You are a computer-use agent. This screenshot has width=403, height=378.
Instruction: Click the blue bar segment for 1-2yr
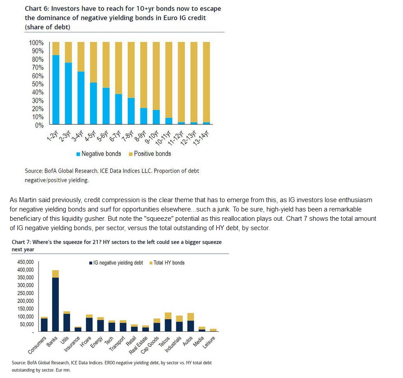click(x=56, y=89)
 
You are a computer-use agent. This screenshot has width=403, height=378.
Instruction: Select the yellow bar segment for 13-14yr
click(x=206, y=82)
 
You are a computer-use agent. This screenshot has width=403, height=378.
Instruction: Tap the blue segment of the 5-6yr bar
click(x=106, y=106)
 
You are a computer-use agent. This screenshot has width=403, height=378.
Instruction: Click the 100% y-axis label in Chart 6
click(x=36, y=43)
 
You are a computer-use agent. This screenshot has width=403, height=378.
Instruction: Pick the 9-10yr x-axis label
click(x=151, y=137)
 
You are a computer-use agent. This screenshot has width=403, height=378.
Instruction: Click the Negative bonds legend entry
click(x=99, y=154)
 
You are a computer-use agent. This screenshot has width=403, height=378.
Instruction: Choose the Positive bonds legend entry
click(x=150, y=154)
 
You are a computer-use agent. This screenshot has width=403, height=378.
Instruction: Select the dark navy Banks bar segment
click(x=56, y=305)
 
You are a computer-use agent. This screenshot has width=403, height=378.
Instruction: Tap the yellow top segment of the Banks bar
click(x=56, y=274)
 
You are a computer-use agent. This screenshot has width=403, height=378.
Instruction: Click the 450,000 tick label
click(x=25, y=262)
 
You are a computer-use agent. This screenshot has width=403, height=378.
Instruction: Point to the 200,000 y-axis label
click(x=25, y=301)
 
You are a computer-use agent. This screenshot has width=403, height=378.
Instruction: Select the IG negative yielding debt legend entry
click(x=116, y=263)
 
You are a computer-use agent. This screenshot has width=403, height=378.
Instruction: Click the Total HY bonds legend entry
click(x=167, y=263)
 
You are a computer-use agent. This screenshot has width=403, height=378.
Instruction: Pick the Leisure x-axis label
click(x=209, y=342)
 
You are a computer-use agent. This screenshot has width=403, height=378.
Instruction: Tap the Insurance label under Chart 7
click(x=72, y=344)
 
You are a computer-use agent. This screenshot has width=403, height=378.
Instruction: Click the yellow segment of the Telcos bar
click(x=168, y=316)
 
